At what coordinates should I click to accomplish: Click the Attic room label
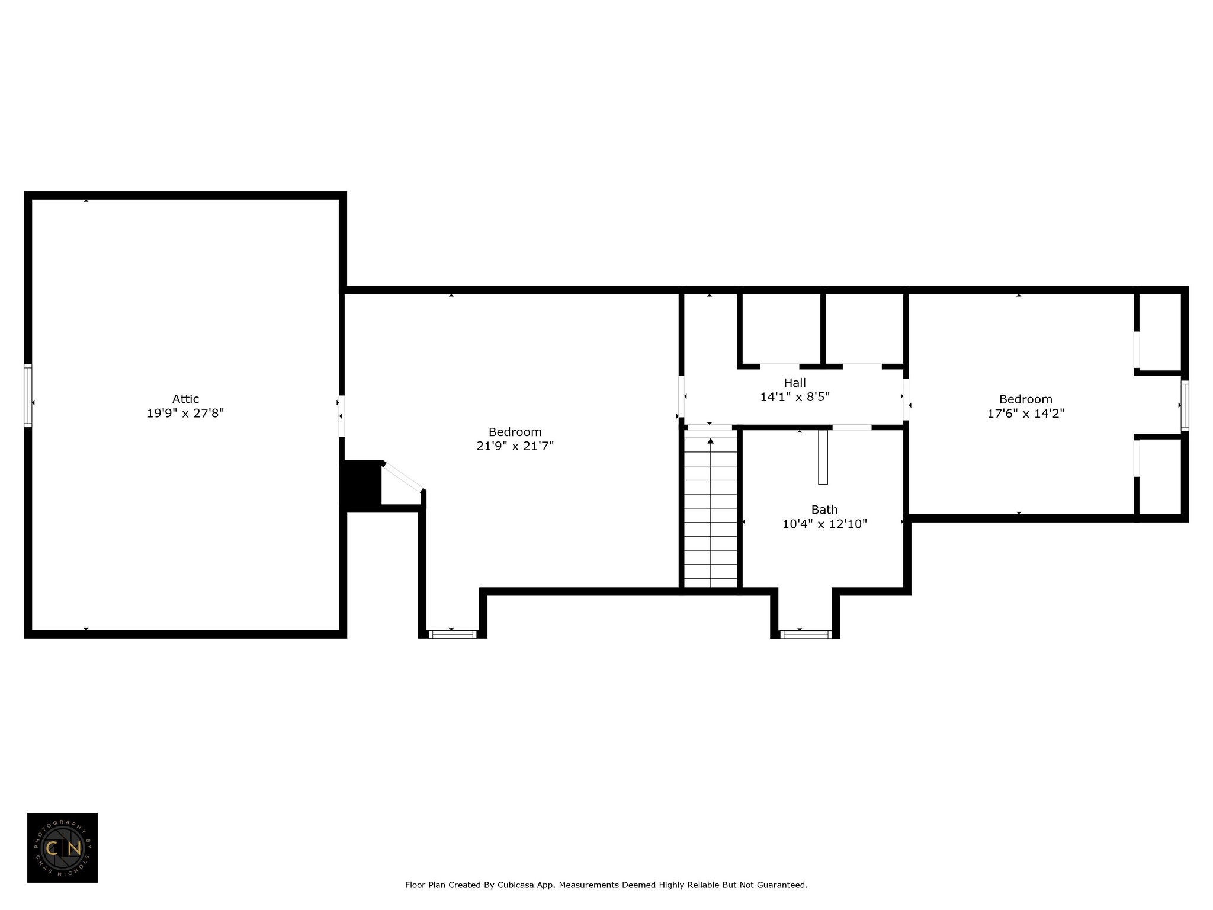(185, 399)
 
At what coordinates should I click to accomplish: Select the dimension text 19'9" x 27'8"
(185, 414)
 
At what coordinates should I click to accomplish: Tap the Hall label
(795, 383)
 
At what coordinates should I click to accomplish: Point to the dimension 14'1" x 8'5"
(795, 397)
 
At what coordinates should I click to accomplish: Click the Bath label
(824, 510)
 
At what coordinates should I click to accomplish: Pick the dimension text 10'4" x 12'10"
(824, 524)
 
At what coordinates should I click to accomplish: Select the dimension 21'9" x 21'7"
(515, 446)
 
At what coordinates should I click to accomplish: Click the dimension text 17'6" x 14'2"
(1026, 414)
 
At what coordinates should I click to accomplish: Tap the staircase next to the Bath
(711, 509)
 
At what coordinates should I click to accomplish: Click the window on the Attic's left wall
(28, 395)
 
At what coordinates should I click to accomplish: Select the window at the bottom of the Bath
(805, 635)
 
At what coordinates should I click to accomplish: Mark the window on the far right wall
(1185, 405)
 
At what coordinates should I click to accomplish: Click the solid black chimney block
(362, 485)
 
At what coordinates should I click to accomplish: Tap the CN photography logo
(62, 848)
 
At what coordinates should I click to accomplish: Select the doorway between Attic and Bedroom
(341, 416)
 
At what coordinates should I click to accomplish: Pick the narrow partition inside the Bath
(823, 457)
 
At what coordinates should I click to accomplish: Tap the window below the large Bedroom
(453, 635)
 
